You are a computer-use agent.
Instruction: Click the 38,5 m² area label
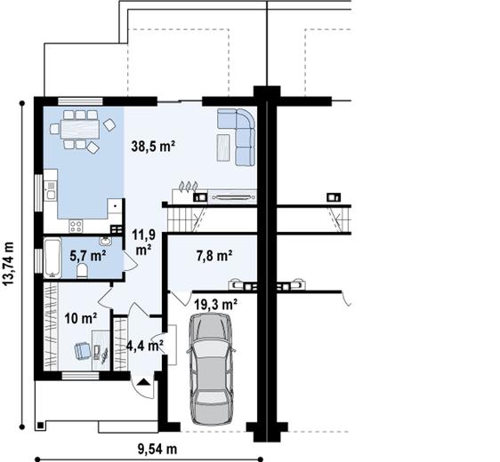point(151,147)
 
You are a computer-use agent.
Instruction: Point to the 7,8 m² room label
point(214,256)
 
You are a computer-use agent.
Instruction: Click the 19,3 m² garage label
point(216,304)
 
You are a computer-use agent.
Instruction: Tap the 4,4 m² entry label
point(143,346)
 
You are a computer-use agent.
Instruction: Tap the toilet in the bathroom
point(81,271)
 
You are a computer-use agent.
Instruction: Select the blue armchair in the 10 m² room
point(83,350)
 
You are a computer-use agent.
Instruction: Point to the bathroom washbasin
point(106,240)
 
